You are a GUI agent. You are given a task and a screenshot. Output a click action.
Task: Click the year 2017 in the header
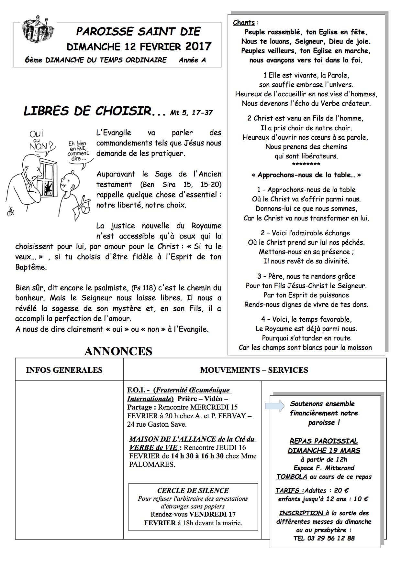click(198, 46)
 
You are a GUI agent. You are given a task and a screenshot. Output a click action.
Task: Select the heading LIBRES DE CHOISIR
click(87, 111)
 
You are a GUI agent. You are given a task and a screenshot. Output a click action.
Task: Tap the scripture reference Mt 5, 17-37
click(192, 112)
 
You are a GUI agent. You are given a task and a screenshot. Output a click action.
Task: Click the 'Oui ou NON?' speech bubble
click(40, 140)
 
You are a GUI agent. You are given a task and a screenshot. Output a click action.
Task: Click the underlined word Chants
click(244, 23)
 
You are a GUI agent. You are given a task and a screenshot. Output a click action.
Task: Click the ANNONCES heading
click(118, 351)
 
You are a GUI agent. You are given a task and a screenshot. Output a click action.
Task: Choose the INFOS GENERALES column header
click(64, 370)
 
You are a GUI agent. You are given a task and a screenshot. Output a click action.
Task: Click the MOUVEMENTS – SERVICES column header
click(254, 370)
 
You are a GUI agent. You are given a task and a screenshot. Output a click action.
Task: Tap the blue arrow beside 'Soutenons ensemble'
click(274, 406)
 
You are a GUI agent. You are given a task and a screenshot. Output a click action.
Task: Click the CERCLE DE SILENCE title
click(193, 490)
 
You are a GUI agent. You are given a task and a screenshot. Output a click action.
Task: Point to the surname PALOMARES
click(152, 465)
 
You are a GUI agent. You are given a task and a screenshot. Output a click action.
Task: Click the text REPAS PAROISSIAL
click(324, 441)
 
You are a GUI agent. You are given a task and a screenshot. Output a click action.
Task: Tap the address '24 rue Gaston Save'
click(157, 424)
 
